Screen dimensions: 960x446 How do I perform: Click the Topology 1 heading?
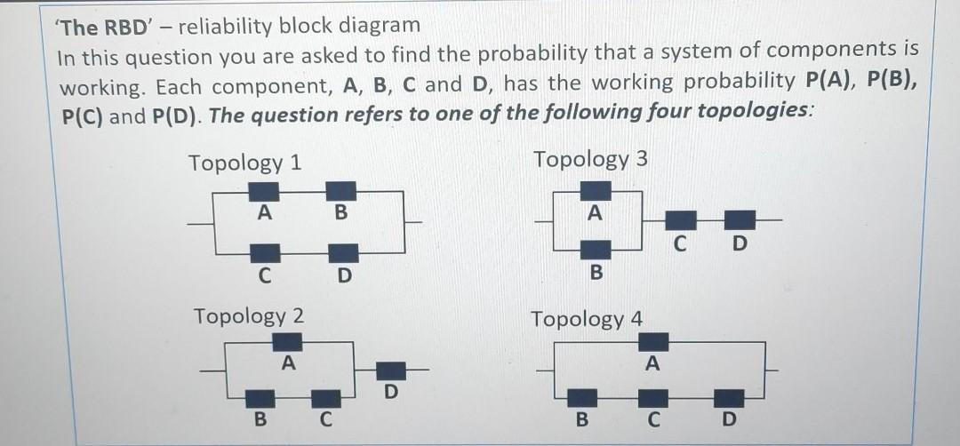(x=244, y=163)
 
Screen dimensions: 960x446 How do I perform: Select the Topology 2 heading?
(x=249, y=315)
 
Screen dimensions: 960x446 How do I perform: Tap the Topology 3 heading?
(x=590, y=160)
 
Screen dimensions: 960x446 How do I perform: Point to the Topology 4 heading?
(x=587, y=318)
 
